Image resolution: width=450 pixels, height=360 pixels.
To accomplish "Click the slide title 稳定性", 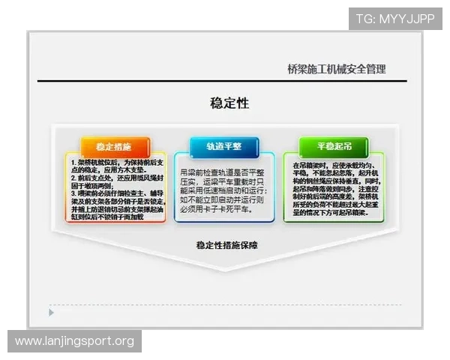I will coord(229,103).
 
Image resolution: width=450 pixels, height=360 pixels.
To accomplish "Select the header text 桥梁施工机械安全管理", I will coord(336,69).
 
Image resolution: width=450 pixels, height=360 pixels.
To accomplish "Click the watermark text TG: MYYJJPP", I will coord(395,19).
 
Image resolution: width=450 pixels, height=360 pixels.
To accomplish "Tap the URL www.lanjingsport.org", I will coord(74,342).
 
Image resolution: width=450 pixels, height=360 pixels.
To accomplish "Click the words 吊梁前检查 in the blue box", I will coord(199,172).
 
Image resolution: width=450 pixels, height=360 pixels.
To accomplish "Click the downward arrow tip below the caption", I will coord(224,269).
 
